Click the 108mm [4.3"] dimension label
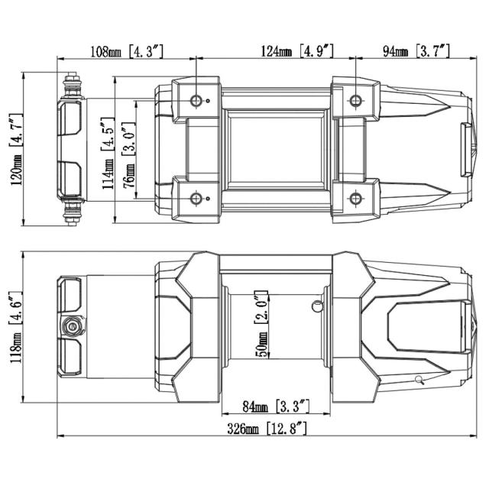[x=127, y=51]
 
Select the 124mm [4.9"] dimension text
[x=297, y=51]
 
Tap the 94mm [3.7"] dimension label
[x=416, y=51]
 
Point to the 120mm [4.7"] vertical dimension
[x=17, y=150]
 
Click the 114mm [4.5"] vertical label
[x=108, y=154]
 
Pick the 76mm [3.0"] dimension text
[x=129, y=154]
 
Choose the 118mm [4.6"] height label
[x=16, y=328]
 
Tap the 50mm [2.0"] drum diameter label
[x=261, y=324]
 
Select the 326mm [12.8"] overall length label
[x=267, y=429]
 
